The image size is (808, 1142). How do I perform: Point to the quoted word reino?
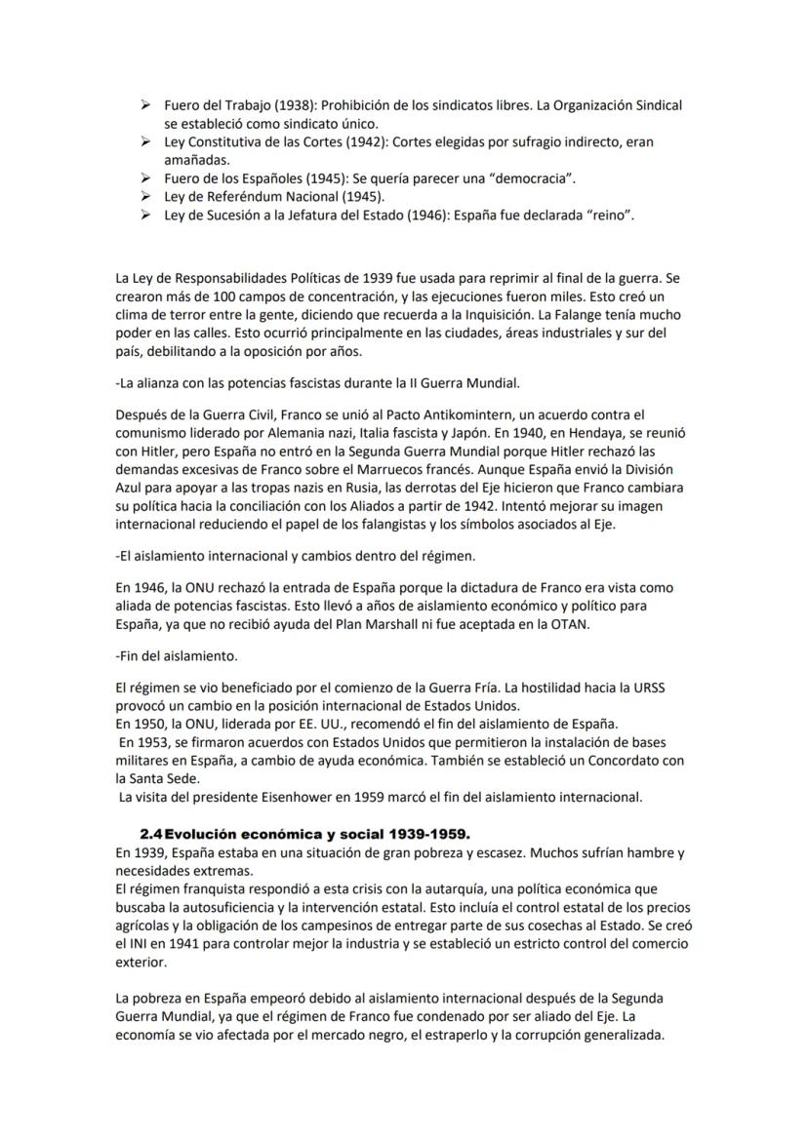[609, 215]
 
